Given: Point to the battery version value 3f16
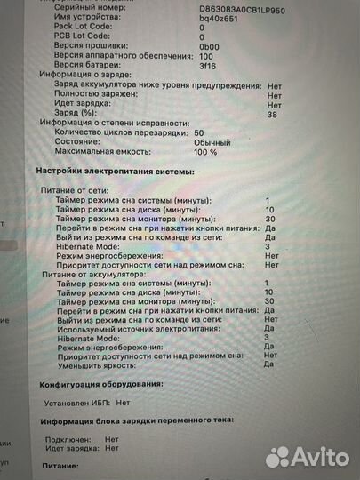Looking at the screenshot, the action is click(207, 65).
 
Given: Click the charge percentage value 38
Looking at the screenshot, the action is click(272, 115).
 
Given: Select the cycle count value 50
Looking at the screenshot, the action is click(198, 132).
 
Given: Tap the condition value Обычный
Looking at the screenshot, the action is click(211, 141).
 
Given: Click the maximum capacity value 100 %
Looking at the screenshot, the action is click(206, 152).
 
